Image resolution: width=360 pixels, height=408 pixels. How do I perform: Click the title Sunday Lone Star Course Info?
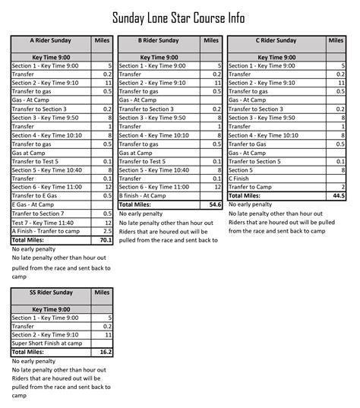coord(179,17)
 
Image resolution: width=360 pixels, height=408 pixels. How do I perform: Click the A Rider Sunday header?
coord(50,40)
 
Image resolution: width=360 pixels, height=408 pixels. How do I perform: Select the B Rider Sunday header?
coord(159,40)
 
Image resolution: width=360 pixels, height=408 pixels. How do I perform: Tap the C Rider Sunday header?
coord(276,40)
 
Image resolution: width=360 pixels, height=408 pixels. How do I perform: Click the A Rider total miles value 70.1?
coord(105,239)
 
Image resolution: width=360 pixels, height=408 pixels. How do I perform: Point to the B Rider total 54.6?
coord(214,204)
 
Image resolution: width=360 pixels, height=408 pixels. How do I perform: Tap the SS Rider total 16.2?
coord(105,352)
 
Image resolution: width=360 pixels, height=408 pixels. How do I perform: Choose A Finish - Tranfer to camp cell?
coord(47,230)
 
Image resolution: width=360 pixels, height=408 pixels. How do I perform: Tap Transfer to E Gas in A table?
coord(38,196)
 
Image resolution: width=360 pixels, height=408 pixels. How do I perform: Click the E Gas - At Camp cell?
coord(33,204)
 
